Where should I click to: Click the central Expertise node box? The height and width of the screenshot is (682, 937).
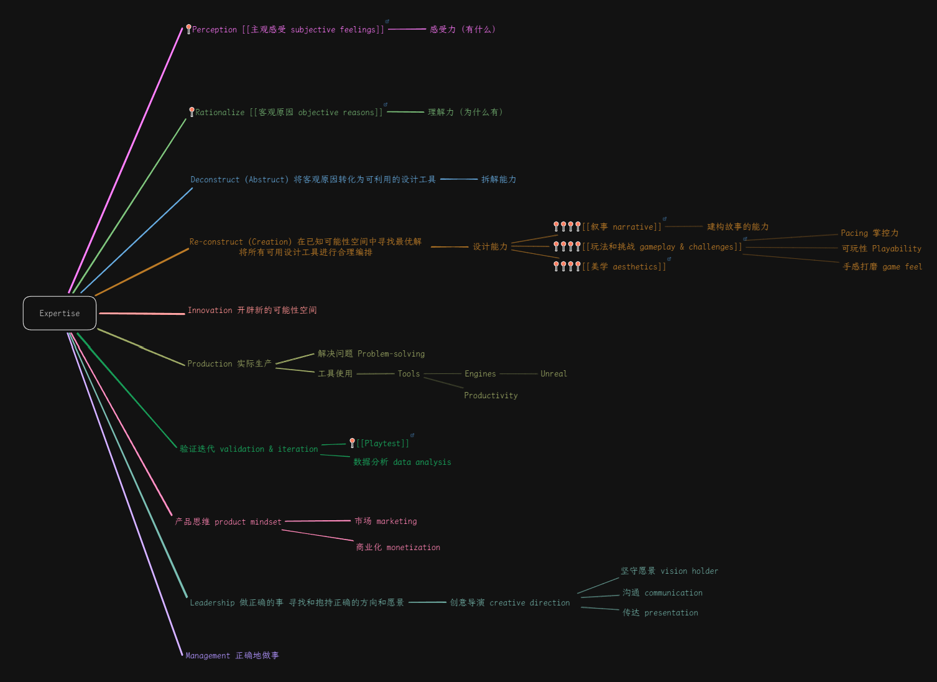pos(60,313)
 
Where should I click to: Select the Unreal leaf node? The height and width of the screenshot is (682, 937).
pos(553,374)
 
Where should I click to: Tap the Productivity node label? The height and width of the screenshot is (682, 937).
pos(491,396)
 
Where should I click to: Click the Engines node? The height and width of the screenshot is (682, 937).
pos(480,374)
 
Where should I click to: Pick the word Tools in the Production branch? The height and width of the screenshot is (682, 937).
pos(408,374)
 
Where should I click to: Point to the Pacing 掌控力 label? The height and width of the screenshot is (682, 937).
pos(869,233)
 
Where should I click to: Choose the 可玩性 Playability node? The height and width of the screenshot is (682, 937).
pos(881,249)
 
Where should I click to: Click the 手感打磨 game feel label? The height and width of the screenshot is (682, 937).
pos(882,267)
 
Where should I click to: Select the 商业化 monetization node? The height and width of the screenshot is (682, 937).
pos(398,548)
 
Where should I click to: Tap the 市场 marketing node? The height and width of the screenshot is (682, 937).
pos(385,521)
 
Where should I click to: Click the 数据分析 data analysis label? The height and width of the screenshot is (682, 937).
pos(402,462)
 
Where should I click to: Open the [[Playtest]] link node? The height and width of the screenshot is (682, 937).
pos(382,444)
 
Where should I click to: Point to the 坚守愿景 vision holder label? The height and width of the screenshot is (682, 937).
pos(669,571)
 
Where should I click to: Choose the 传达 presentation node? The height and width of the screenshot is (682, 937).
pos(660,613)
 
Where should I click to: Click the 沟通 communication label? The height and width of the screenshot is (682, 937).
pos(662,593)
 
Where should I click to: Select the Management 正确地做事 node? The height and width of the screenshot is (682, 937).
pos(232,656)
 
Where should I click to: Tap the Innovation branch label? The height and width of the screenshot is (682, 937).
pos(252,311)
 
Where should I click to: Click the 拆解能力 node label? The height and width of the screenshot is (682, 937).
pos(499,180)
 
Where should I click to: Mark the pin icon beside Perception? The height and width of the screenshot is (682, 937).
pos(188,29)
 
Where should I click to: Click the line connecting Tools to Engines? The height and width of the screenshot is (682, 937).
pos(442,374)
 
